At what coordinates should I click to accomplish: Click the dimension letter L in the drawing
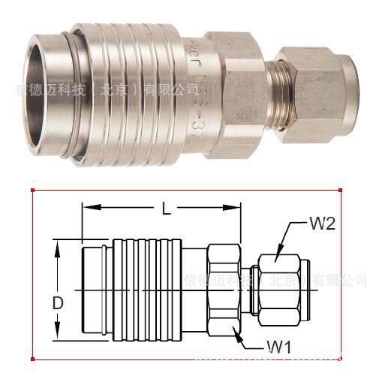click(167, 209)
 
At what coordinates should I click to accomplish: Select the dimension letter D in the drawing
click(58, 304)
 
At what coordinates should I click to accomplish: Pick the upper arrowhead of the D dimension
click(59, 245)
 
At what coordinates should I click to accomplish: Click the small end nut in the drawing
click(280, 290)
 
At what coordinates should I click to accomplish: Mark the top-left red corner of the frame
click(32, 190)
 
